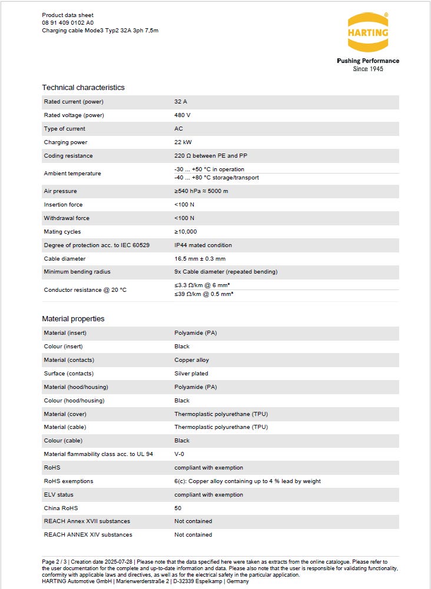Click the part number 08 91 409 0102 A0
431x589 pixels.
coord(68,22)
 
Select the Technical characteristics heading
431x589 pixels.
coord(83,88)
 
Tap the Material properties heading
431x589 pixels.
coord(73,319)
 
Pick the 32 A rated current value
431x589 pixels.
coord(180,102)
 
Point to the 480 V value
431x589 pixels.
coord(182,115)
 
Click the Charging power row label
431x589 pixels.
coord(65,142)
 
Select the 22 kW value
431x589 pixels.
coord(183,142)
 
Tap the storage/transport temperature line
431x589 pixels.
coord(216,178)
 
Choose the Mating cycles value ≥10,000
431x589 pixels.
coord(185,232)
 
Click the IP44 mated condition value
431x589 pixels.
coord(203,245)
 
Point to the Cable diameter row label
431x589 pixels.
coord(64,259)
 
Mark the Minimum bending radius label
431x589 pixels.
coord(77,272)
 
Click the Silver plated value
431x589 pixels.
coord(191,374)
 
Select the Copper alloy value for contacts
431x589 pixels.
coord(191,360)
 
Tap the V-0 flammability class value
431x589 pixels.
coord(180,454)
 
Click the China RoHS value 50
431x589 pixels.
coord(178,508)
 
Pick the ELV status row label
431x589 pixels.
coord(58,495)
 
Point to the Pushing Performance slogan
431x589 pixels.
coord(367,61)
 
